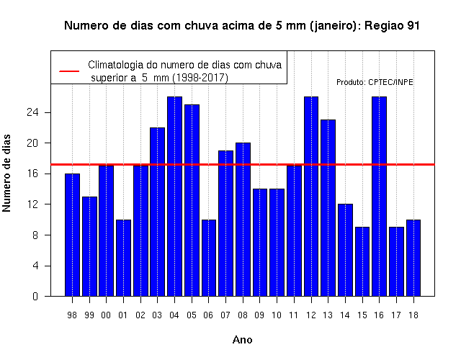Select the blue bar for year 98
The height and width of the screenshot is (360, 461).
click(72, 235)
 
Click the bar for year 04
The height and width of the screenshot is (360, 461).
click(174, 197)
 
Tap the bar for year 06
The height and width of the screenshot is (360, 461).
click(209, 258)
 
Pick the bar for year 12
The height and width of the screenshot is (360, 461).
click(311, 197)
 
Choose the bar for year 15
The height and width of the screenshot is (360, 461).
click(362, 261)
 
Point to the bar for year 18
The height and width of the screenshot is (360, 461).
click(413, 258)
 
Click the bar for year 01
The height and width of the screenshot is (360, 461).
click(123, 258)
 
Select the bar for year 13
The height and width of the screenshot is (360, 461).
click(328, 208)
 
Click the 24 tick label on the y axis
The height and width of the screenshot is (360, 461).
click(32, 112)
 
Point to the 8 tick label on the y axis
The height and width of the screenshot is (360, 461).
click(35, 235)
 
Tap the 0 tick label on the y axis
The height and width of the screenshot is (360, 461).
click(35, 296)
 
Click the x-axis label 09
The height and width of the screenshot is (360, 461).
click(259, 315)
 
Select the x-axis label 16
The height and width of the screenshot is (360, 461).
click(379, 315)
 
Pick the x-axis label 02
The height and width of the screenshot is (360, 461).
click(140, 315)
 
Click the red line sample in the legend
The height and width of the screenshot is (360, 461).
click(69, 71)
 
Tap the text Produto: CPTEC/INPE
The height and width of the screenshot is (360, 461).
click(375, 82)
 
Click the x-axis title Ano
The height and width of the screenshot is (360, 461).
click(242, 340)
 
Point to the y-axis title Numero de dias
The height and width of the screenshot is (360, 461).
click(6, 173)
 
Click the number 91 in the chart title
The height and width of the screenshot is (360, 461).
click(413, 26)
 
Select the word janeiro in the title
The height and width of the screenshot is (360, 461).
click(334, 26)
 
